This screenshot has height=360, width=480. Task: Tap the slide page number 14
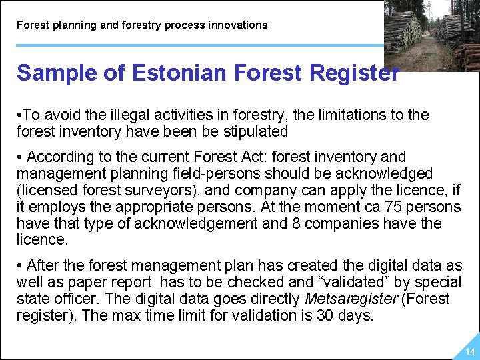pyautogui.click(x=470, y=351)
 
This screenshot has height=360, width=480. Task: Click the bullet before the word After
pyautogui.click(x=20, y=266)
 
